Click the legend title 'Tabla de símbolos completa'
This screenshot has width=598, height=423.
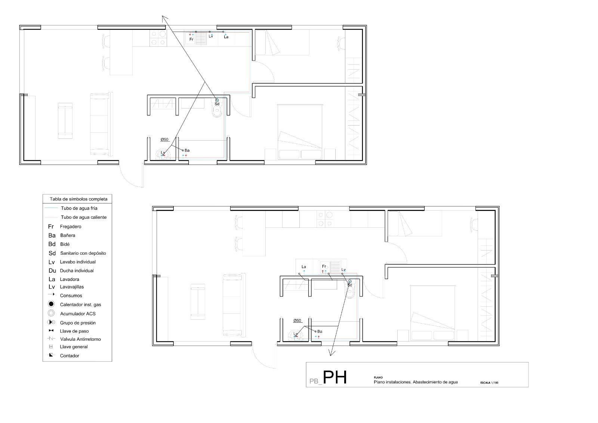(78, 199)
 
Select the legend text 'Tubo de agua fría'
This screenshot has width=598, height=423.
(79, 208)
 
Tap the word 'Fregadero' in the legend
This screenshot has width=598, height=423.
(70, 227)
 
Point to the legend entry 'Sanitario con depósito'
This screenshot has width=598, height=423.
(83, 253)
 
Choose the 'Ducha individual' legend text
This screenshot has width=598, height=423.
(77, 271)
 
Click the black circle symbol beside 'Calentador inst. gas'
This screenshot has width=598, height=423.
(51, 304)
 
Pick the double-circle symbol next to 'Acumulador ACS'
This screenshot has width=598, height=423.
(51, 313)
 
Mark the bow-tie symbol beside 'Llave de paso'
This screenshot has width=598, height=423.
(51, 331)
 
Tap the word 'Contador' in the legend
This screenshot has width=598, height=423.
(70, 356)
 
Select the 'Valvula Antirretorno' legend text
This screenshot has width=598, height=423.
(80, 339)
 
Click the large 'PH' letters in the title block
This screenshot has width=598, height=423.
(335, 378)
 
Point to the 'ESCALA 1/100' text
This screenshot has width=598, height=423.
(489, 383)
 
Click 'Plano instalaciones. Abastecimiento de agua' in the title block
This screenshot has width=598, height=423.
(416, 382)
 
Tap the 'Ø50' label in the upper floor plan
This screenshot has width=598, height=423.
(164, 140)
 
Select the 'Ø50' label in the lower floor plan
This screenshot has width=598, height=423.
(297, 321)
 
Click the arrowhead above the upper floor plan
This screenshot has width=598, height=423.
(164, 18)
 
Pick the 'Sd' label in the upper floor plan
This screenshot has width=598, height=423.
(217, 104)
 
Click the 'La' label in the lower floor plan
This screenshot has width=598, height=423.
(304, 267)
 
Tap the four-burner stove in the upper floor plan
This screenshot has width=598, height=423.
(158, 38)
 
